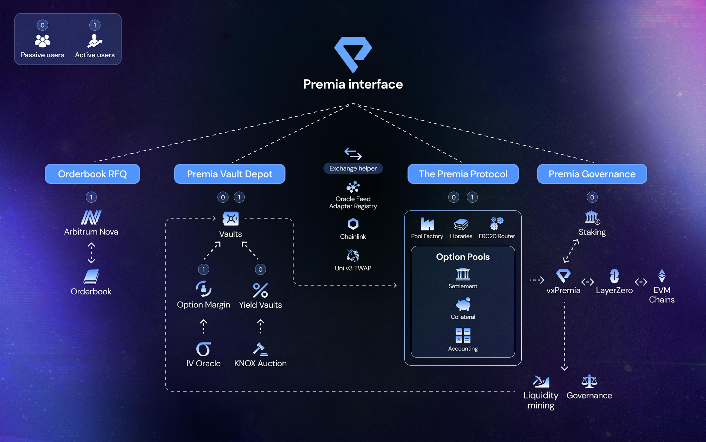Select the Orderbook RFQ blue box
tap(92, 174)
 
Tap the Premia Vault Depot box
tap(230, 174)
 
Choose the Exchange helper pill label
tap(353, 168)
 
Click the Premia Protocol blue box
tap(463, 174)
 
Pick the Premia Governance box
tap(592, 174)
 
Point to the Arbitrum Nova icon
tap(91, 217)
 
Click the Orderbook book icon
tap(91, 277)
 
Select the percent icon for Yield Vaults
tap(260, 290)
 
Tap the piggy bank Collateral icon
tap(463, 304)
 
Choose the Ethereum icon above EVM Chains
tap(662, 276)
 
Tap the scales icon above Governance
tap(589, 381)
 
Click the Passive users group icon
tap(42, 41)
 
